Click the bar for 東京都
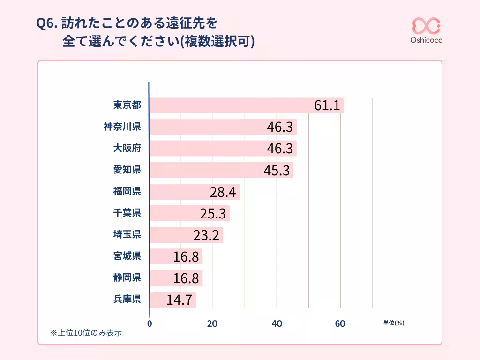[x=247, y=105]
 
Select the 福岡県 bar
[x=195, y=192]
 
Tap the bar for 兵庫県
[x=172, y=300]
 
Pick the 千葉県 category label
[x=127, y=213]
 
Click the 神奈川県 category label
[x=122, y=127]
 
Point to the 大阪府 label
[x=127, y=148]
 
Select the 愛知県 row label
[x=127, y=170]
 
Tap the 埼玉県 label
[x=127, y=235]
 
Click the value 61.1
[x=327, y=106]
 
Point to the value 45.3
[x=277, y=171]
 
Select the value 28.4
[x=223, y=192]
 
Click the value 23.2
[x=206, y=235]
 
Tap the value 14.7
[x=180, y=300]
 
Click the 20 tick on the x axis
[x=213, y=323]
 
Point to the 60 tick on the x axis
[x=340, y=323]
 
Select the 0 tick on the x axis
[x=150, y=323]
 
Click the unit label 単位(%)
[x=393, y=323]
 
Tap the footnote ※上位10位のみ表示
[x=86, y=333]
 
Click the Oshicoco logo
[x=426, y=30]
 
